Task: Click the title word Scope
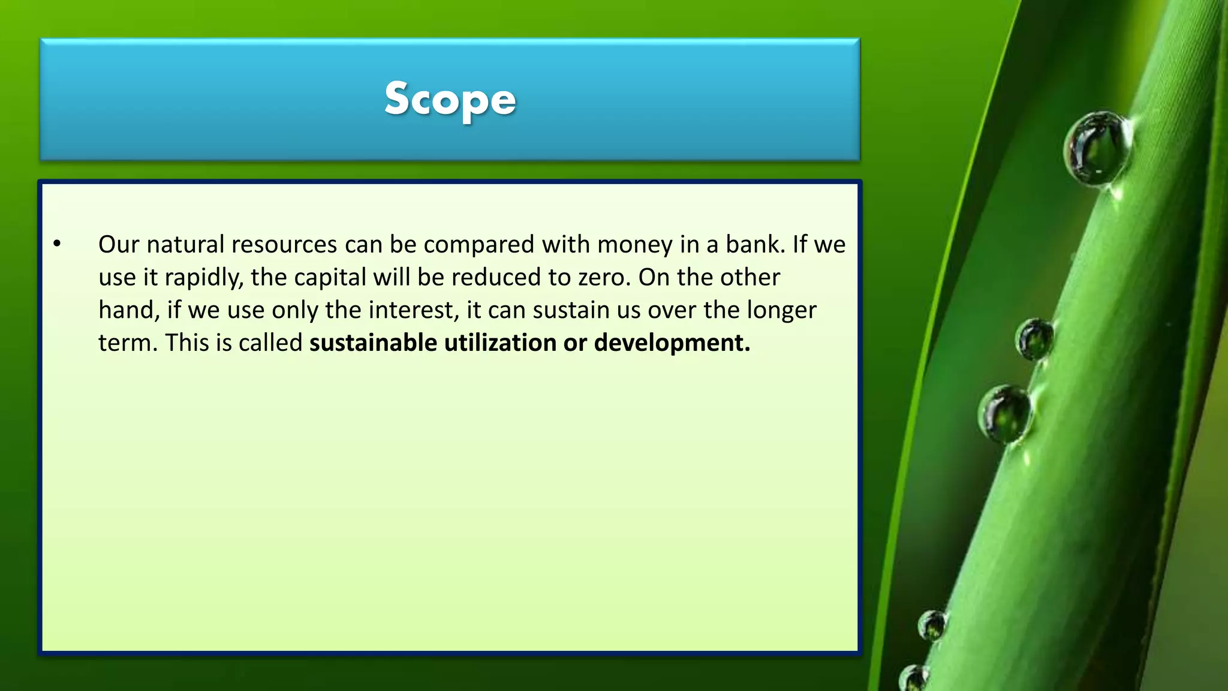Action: (x=450, y=99)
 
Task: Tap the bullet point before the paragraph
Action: (x=57, y=244)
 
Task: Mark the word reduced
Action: (x=496, y=278)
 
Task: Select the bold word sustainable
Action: (x=373, y=343)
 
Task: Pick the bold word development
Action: (x=672, y=343)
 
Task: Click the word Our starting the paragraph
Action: (x=119, y=245)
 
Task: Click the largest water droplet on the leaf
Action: (x=1098, y=148)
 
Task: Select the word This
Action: (x=186, y=343)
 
